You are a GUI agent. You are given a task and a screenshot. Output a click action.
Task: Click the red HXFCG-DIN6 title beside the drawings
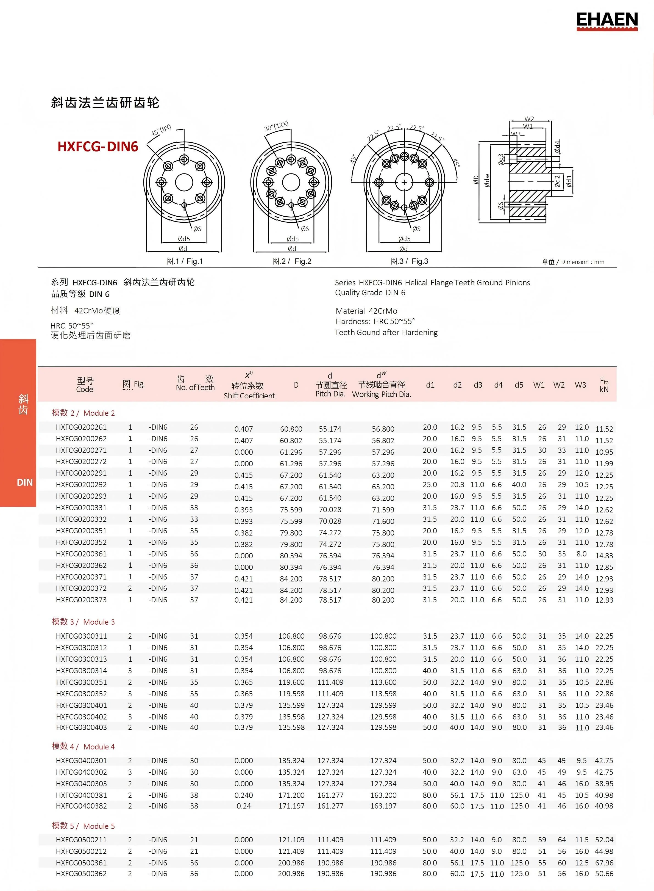pos(98,147)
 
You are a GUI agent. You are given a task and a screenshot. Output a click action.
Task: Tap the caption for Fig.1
pos(185,261)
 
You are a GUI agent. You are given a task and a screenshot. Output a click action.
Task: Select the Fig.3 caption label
pos(409,261)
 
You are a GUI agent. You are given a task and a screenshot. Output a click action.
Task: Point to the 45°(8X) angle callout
pos(161,130)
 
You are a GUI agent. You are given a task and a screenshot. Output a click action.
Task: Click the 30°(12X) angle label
pos(276,126)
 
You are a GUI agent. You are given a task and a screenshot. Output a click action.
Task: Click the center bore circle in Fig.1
pos(184,183)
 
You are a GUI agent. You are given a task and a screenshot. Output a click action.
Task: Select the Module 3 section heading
pos(83,622)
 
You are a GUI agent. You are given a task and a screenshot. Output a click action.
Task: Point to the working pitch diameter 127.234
pos(383,784)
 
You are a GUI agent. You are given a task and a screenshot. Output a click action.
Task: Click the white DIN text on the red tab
pos(24,482)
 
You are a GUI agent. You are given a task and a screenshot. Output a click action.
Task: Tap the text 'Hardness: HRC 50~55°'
pos(375,321)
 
